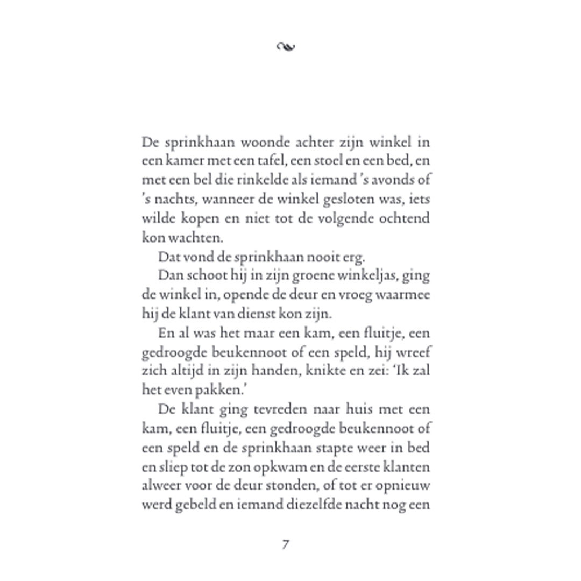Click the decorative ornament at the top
coord(285,47)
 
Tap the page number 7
coord(285,544)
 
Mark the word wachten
coord(190,238)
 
